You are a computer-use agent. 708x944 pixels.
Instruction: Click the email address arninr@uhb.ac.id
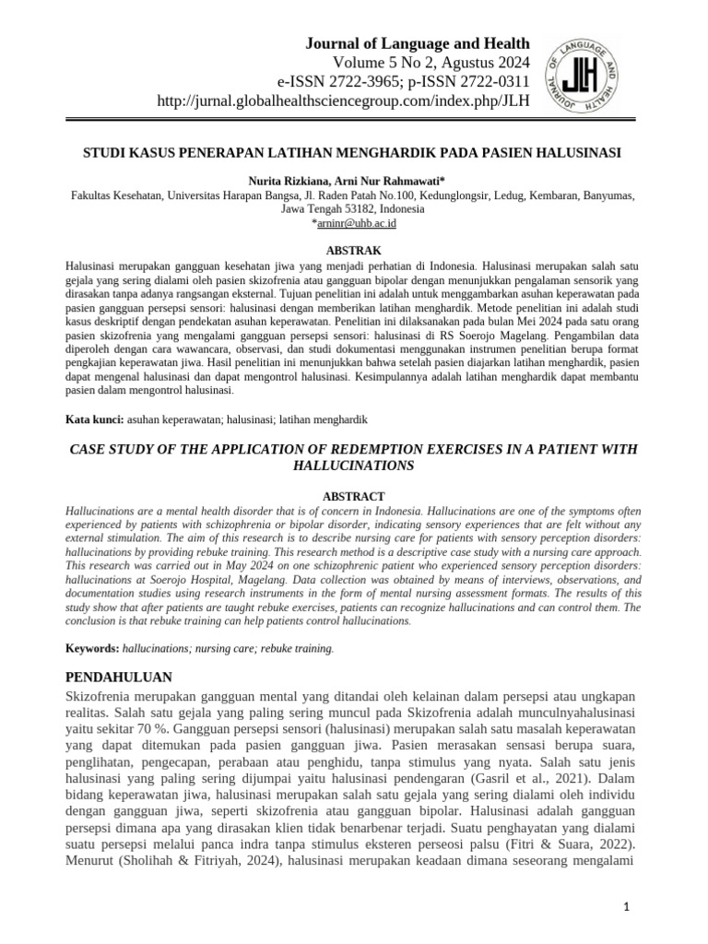356,223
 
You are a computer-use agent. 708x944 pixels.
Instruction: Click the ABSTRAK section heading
354,251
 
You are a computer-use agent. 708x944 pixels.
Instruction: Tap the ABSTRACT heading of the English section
354,496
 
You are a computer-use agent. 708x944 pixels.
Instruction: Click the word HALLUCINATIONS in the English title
354,466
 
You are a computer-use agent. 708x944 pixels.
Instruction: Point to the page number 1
627,909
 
